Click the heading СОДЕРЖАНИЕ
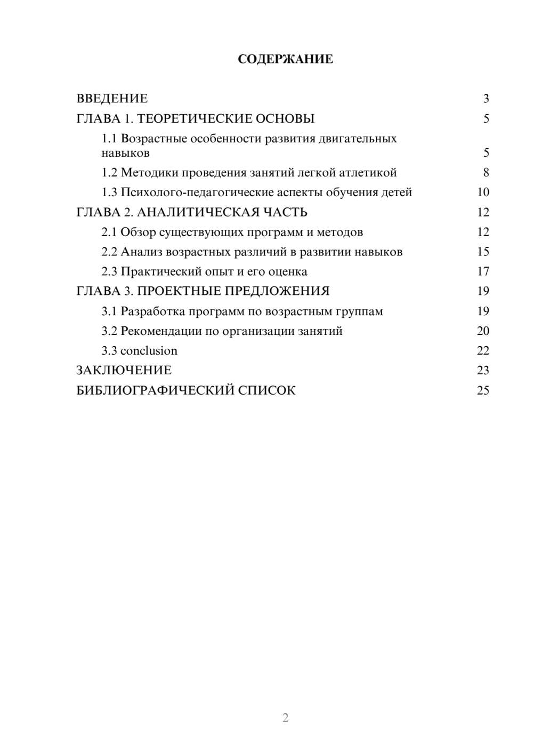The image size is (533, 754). click(x=285, y=59)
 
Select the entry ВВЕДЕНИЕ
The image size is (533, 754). click(x=112, y=99)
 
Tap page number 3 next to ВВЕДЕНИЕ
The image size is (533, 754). click(x=486, y=99)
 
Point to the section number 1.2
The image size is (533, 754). click(x=109, y=173)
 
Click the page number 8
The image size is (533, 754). click(x=486, y=173)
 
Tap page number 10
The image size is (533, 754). click(x=483, y=192)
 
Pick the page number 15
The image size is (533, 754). click(x=483, y=252)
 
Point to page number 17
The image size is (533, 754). click(x=483, y=272)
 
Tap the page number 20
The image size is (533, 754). click(x=483, y=331)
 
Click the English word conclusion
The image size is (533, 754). click(x=149, y=351)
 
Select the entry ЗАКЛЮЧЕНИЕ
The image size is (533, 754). click(x=124, y=371)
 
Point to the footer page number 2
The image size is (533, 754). click(x=285, y=718)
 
